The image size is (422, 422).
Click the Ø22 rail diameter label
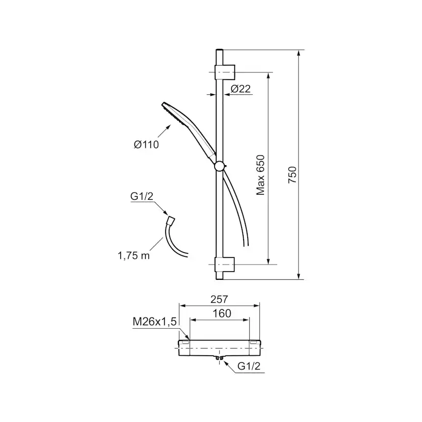click(241, 89)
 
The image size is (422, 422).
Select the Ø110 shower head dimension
click(146, 145)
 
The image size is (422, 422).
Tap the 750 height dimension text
click(292, 175)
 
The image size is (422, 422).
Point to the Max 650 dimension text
click(260, 175)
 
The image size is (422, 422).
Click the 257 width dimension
click(219, 299)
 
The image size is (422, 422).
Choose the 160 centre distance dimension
click(222, 313)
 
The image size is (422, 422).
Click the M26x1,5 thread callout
click(154, 322)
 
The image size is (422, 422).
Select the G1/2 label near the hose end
click(142, 196)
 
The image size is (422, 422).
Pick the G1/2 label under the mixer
click(249, 366)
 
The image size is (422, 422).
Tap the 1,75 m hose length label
click(134, 255)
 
